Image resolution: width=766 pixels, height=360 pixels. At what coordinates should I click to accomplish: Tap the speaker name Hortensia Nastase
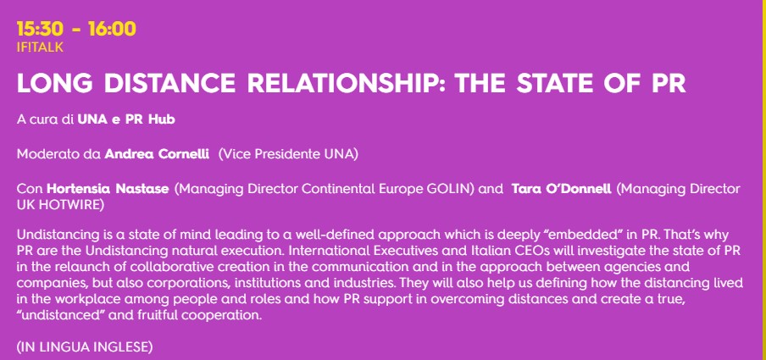click(108, 189)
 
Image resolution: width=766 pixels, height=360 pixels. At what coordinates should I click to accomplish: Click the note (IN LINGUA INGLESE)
click(85, 347)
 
